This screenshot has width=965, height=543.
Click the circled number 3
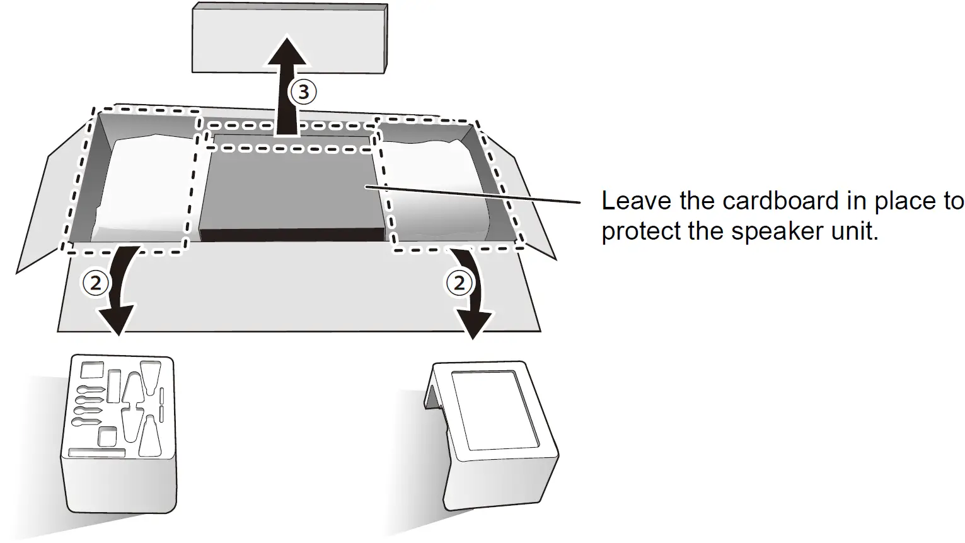click(x=303, y=92)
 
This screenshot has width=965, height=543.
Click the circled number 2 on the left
click(x=95, y=283)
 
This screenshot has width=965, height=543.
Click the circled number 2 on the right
click(x=459, y=282)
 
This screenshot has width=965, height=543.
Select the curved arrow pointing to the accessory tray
click(x=120, y=296)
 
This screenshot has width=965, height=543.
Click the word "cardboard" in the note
click(x=780, y=201)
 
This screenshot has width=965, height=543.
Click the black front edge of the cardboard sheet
click(x=291, y=235)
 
